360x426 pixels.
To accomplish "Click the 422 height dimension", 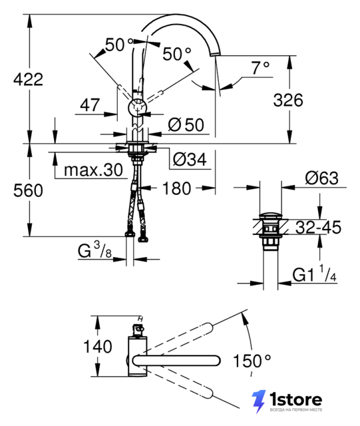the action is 28,79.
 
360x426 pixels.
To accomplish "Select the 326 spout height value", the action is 288,100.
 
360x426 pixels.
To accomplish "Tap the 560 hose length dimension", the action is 28,190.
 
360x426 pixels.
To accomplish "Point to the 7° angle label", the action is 260,68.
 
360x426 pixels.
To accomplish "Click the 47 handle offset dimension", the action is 90,105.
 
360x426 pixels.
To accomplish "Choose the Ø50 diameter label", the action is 186,125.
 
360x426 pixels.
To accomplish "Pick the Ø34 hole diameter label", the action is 190,159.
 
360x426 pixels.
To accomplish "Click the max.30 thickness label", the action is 93,170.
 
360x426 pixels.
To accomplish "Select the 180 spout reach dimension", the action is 176,188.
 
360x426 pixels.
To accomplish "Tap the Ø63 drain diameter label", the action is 321,178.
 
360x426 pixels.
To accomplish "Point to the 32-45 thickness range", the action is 318,227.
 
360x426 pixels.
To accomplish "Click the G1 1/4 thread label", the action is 314,274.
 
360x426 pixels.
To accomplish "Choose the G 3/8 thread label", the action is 94,250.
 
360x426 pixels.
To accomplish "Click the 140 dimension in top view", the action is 98,346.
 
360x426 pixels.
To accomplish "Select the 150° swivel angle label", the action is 252,361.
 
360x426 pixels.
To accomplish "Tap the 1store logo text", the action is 295,399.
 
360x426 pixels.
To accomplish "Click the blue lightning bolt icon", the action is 258,401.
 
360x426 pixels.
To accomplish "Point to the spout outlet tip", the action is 215,55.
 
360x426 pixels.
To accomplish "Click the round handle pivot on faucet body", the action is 138,107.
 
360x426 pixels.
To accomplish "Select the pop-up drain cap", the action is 271,216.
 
